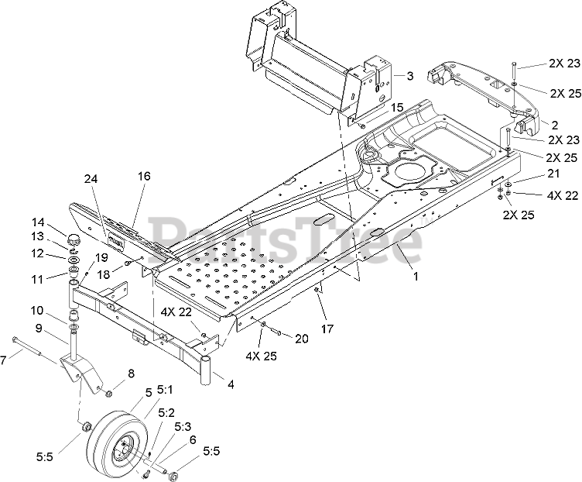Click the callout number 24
click(92, 200)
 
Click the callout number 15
click(397, 107)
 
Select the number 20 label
click(302, 338)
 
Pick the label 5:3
click(183, 426)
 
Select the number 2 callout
click(554, 125)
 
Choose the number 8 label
click(130, 374)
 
